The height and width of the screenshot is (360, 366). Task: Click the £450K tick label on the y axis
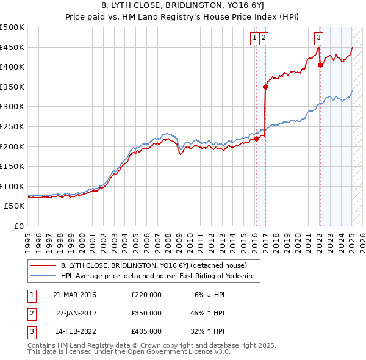click(x=12, y=47)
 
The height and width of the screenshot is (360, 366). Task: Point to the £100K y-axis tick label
click(x=12, y=186)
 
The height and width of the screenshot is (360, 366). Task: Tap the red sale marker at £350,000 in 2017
click(x=266, y=87)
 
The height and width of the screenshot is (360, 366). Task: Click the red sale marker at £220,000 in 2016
click(x=257, y=139)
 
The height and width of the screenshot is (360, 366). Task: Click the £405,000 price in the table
click(x=146, y=331)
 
